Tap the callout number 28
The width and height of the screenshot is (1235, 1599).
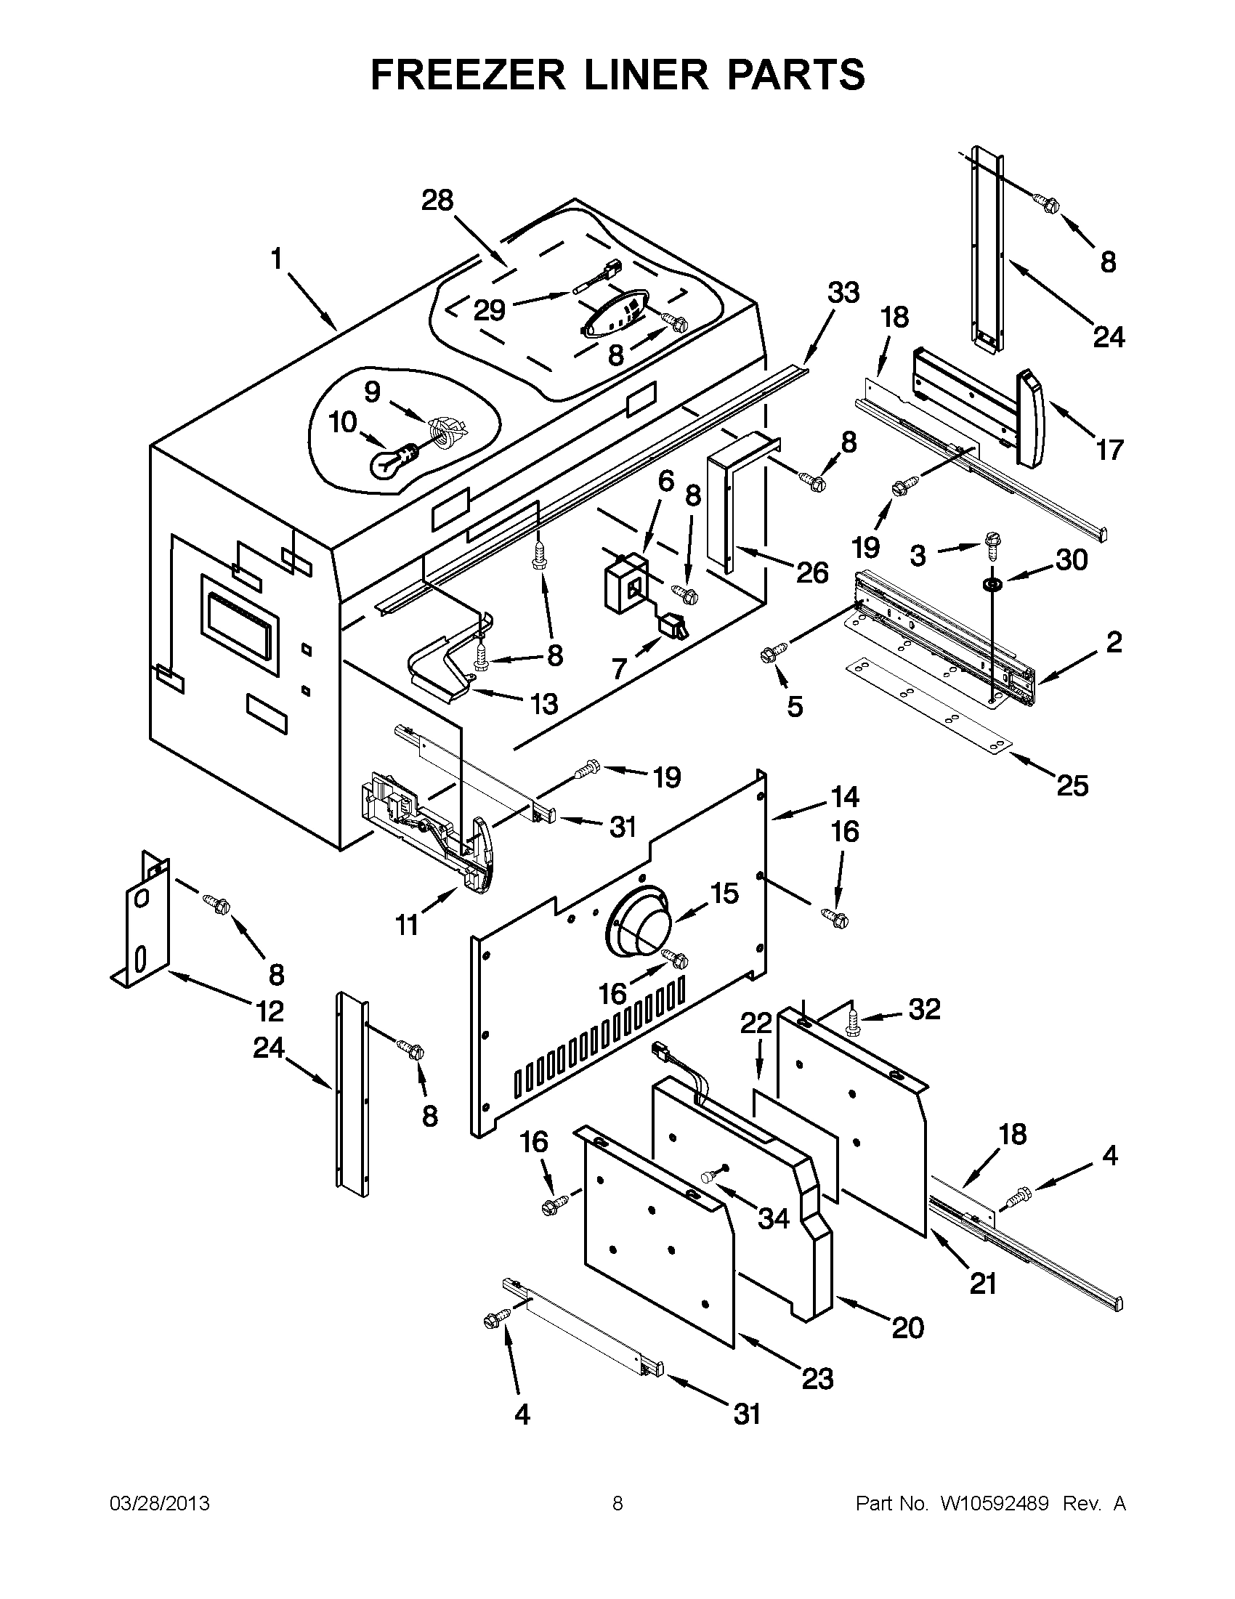point(437,200)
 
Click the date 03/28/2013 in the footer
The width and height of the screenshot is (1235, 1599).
point(160,1503)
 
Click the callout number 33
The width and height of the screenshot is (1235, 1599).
point(843,292)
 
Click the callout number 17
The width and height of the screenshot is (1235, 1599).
point(1109,449)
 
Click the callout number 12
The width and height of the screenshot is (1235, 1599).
point(270,1011)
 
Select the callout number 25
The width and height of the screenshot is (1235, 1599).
point(1072,785)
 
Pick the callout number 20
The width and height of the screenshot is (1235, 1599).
point(908,1327)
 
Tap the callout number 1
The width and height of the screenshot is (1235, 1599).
point(277,259)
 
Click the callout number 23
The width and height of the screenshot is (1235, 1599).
point(817,1379)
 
